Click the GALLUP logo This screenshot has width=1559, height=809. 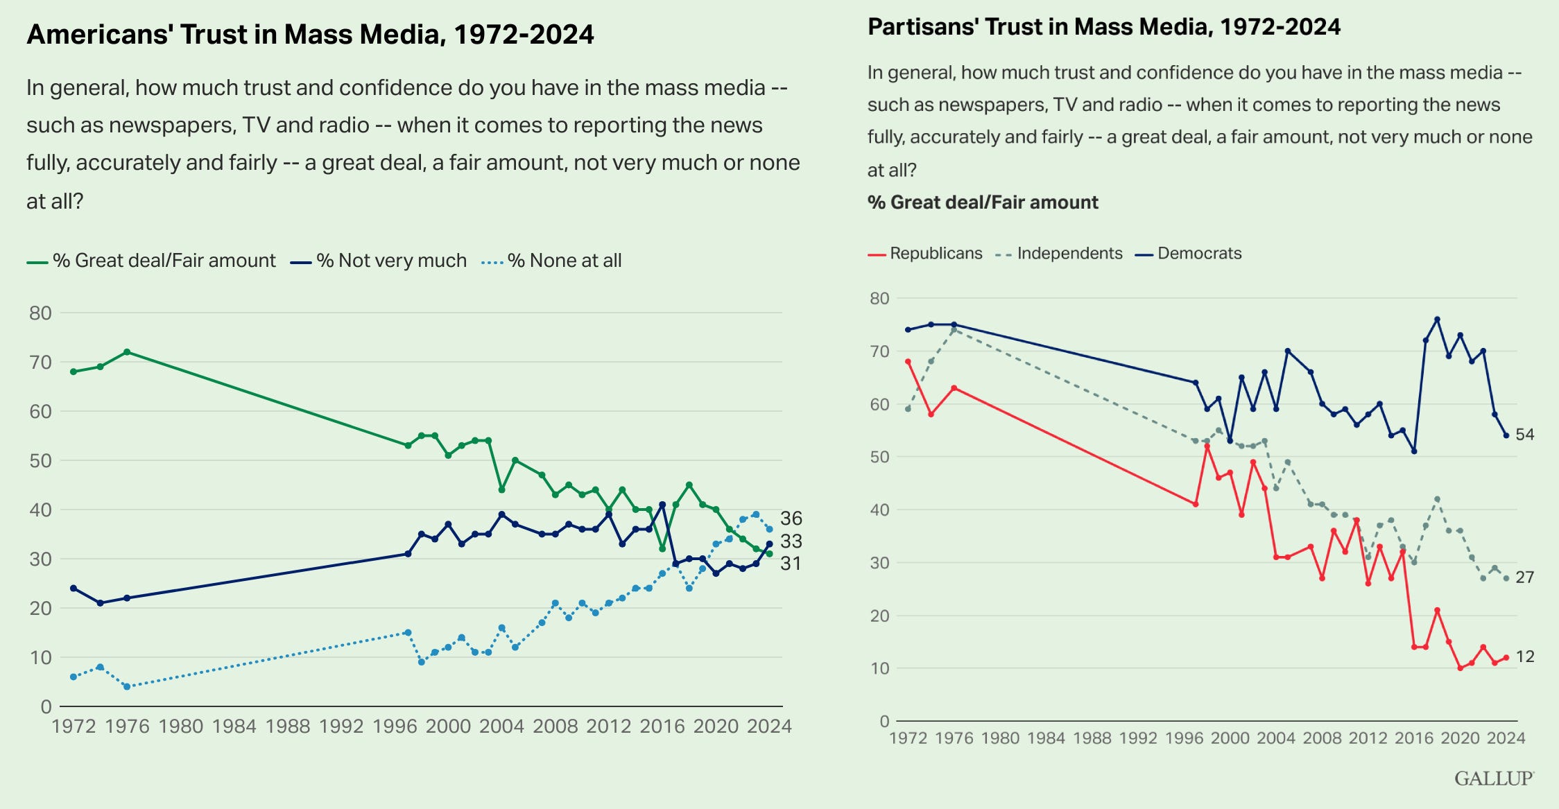pyautogui.click(x=1494, y=778)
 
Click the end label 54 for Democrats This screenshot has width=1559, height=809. pyautogui.click(x=1524, y=435)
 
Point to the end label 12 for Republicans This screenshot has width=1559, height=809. pyautogui.click(x=1524, y=656)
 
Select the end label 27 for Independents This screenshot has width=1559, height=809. pyautogui.click(x=1524, y=577)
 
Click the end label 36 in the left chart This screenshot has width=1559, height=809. pyautogui.click(x=791, y=519)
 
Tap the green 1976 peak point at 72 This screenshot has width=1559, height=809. pyautogui.click(x=127, y=352)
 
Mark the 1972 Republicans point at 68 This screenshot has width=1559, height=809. pyautogui.click(x=908, y=362)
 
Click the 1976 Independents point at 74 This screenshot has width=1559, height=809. pyautogui.click(x=954, y=330)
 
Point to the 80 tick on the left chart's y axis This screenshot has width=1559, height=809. pyautogui.click(x=40, y=313)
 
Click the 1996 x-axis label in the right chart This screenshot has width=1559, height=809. pyautogui.click(x=1184, y=738)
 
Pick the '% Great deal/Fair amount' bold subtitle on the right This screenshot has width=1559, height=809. pyautogui.click(x=983, y=202)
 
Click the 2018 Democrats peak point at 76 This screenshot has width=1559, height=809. pyautogui.click(x=1437, y=320)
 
